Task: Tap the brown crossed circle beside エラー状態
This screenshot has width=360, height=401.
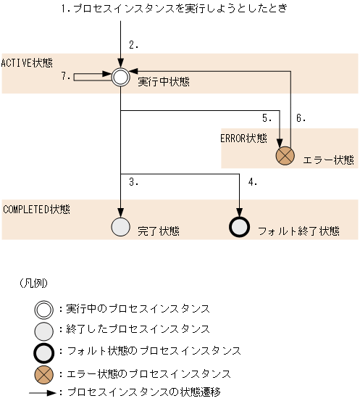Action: point(285,154)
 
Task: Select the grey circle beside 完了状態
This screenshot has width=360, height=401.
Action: point(120,227)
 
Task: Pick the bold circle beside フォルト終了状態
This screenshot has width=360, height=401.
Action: point(238,227)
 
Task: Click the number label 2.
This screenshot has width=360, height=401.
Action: point(134,45)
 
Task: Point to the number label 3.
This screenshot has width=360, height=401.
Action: point(134,182)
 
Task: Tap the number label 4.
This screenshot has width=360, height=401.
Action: point(252,182)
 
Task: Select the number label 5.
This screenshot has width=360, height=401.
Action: point(267,117)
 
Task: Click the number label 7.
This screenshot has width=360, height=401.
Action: point(66,75)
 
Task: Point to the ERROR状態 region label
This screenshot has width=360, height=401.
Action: point(243,137)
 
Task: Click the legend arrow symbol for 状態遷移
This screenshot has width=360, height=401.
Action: point(43,392)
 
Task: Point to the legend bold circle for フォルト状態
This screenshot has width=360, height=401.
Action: point(44,351)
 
